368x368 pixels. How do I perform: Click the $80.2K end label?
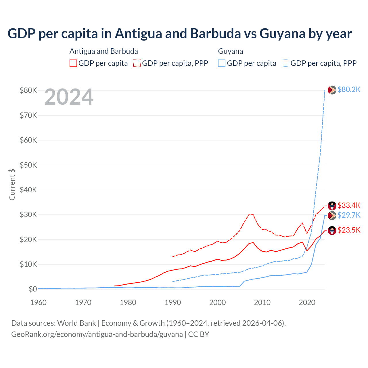click(349, 90)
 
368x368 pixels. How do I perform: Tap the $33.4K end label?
click(349, 205)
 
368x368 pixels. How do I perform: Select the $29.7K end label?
click(349, 215)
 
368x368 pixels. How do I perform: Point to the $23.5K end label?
click(349, 230)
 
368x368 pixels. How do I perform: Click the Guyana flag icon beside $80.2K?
click(332, 90)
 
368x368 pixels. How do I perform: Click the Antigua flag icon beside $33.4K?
click(332, 206)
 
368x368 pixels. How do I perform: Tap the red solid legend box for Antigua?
click(73, 63)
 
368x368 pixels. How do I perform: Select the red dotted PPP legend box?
click(137, 63)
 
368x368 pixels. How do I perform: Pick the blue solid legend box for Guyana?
click(222, 63)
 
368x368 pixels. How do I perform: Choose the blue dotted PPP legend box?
click(285, 63)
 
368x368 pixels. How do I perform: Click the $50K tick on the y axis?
click(28, 165)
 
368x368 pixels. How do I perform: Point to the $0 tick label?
click(33, 289)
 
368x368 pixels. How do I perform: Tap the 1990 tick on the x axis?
click(173, 302)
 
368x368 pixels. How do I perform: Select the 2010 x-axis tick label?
click(262, 302)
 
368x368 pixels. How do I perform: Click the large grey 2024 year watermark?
click(69, 97)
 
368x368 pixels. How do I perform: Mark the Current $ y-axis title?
click(12, 184)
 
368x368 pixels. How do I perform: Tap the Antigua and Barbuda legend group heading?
click(103, 51)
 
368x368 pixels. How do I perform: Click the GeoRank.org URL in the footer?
click(97, 334)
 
